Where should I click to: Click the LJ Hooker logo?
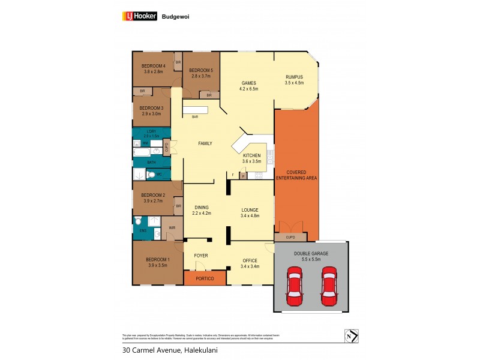click(139, 17)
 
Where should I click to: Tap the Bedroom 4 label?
click(153, 65)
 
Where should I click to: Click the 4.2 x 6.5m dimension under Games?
click(249, 89)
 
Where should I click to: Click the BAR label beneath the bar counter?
click(195, 117)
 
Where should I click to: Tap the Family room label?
click(206, 143)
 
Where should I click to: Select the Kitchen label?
click(251, 155)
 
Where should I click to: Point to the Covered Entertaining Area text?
click(296, 175)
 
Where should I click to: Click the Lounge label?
click(249, 209)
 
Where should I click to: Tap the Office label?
click(249, 260)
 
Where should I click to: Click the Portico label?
click(204, 278)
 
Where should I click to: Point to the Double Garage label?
click(311, 253)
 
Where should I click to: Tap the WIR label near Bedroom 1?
click(172, 228)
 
